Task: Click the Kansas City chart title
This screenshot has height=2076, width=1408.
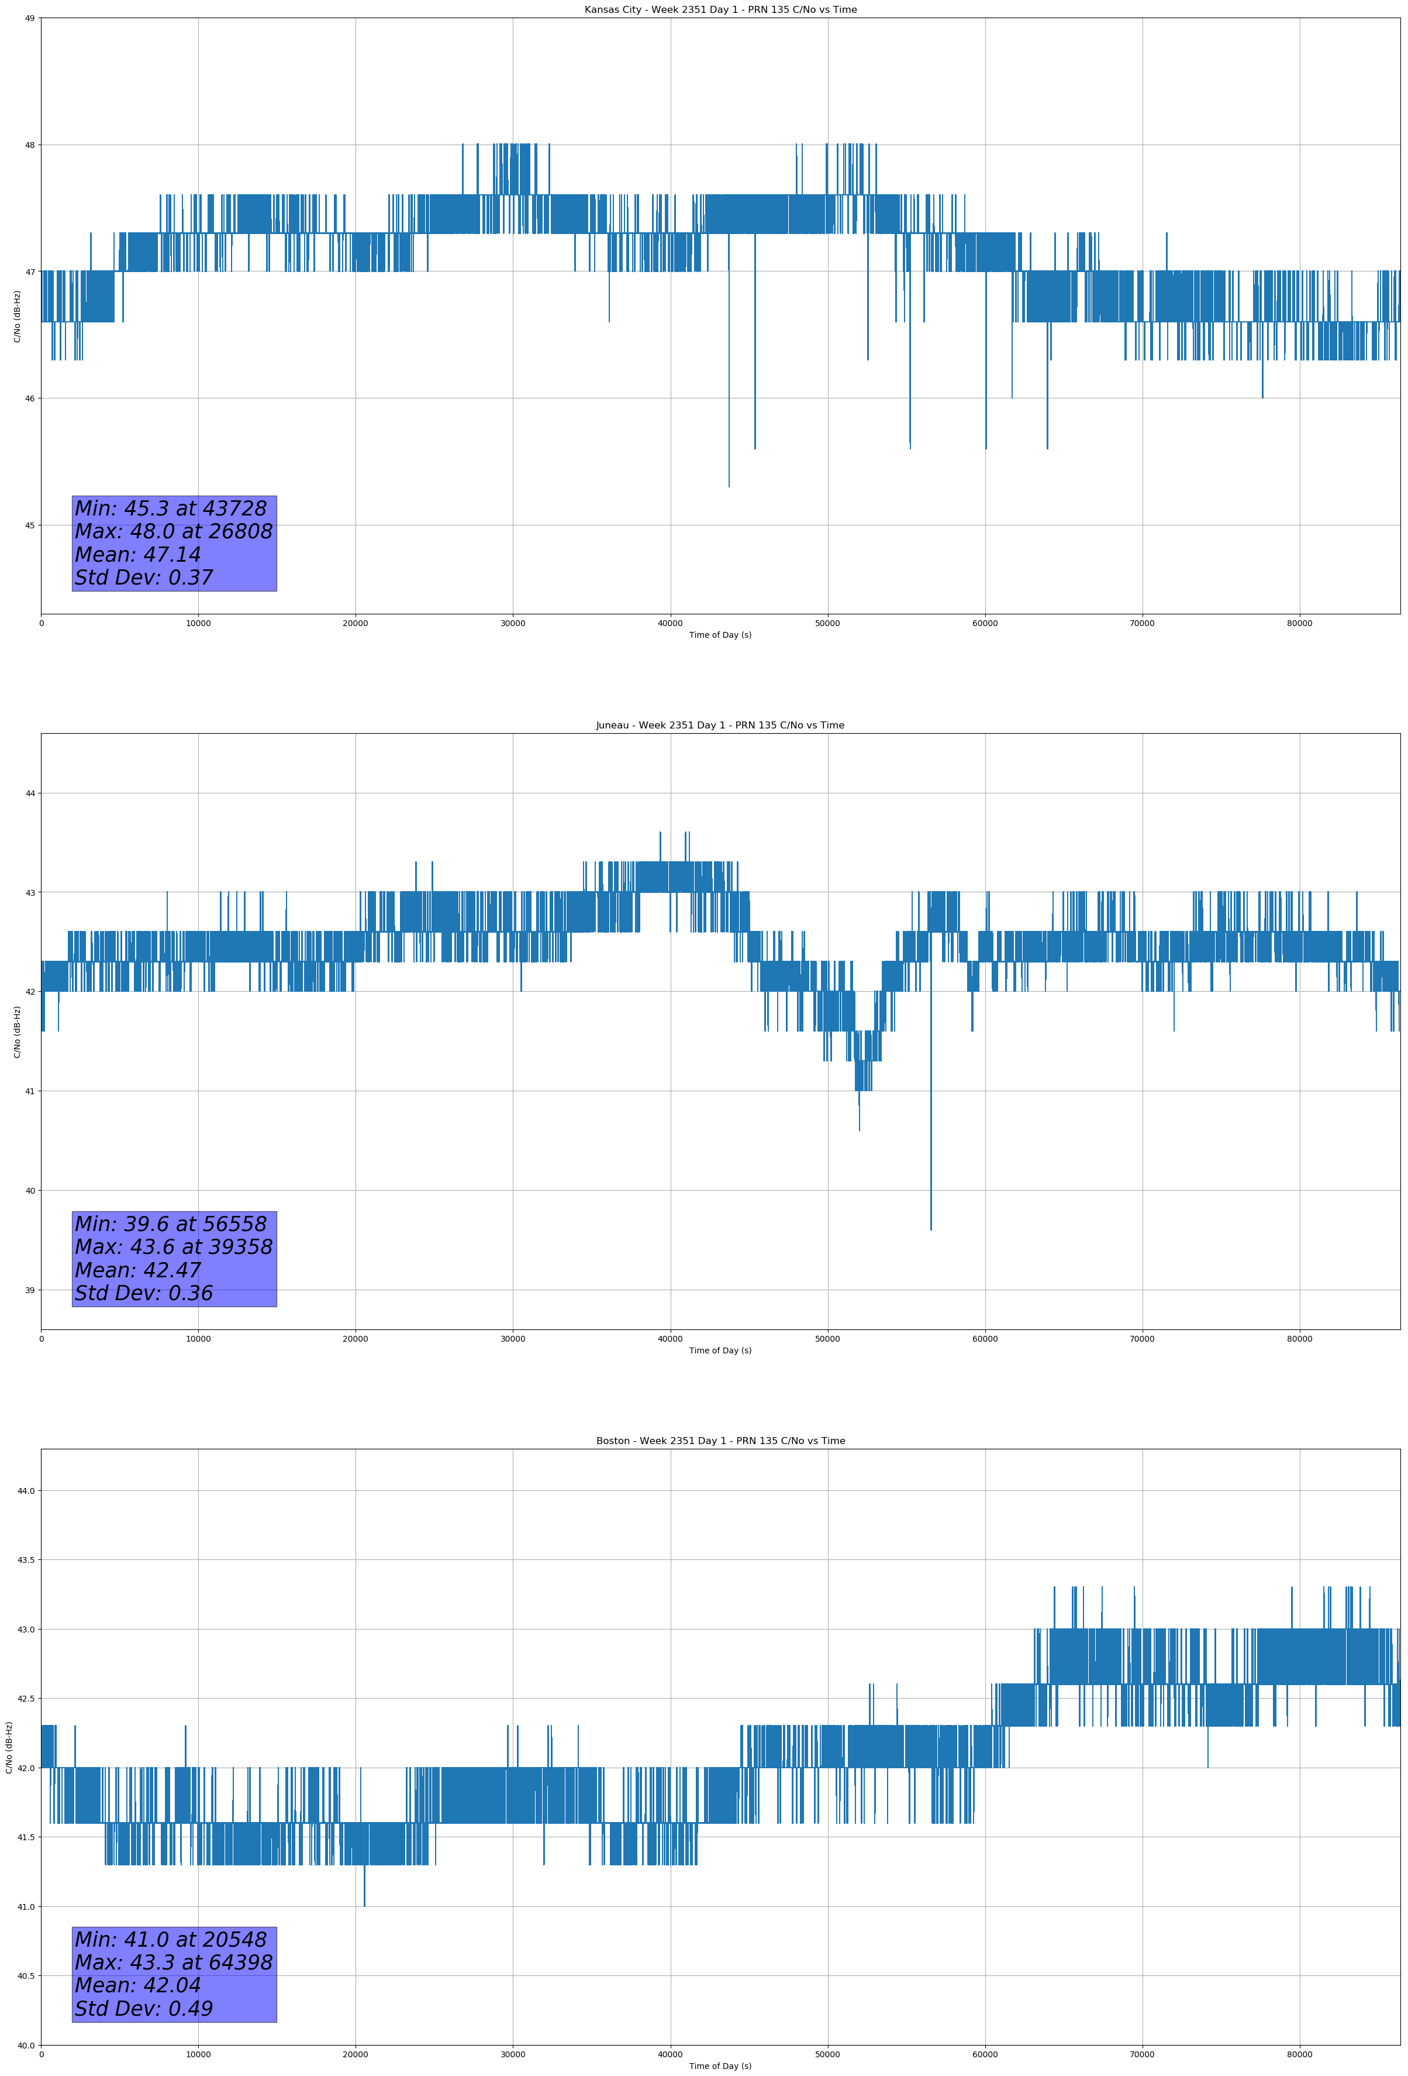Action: point(720,10)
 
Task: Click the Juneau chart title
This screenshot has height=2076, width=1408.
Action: point(720,726)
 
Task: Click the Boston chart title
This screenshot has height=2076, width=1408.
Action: point(720,1441)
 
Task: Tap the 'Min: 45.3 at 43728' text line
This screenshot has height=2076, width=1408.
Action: point(171,508)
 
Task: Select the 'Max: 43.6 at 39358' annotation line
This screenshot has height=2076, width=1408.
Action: point(173,1247)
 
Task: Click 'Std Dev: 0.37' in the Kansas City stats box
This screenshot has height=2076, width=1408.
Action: point(144,578)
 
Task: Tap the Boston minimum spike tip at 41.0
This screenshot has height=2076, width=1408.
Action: point(364,1905)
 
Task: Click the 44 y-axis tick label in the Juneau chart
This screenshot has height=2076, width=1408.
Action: point(30,793)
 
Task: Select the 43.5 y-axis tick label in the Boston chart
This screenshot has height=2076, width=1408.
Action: point(25,1560)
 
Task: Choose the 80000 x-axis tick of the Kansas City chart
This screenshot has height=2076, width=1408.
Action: point(1299,624)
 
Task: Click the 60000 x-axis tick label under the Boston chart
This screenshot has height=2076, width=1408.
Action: point(985,2054)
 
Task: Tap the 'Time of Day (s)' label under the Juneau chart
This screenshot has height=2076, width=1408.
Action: point(720,1350)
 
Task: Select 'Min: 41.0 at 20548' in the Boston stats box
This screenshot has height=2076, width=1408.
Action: point(171,1939)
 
